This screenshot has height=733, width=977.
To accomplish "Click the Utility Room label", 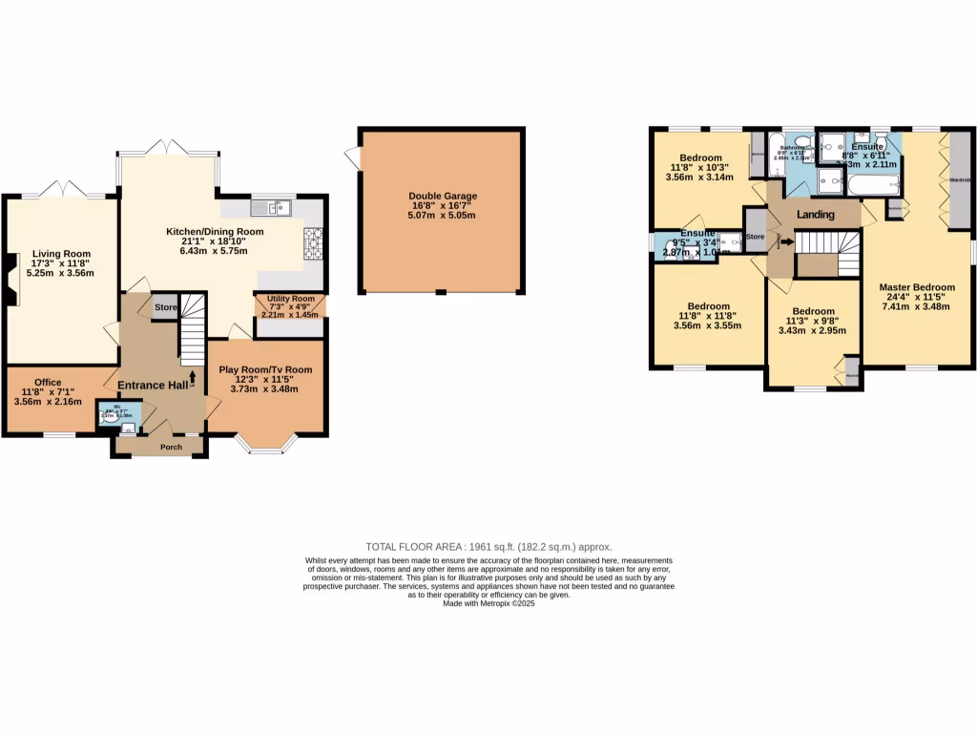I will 290,300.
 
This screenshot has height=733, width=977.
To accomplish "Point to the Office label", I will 48,383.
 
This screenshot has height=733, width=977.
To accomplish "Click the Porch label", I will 171,447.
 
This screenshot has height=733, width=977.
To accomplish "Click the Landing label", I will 815,215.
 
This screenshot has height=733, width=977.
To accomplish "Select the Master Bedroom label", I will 917,287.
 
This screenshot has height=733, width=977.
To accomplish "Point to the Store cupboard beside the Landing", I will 756,237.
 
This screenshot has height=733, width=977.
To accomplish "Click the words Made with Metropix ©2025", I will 489,603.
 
